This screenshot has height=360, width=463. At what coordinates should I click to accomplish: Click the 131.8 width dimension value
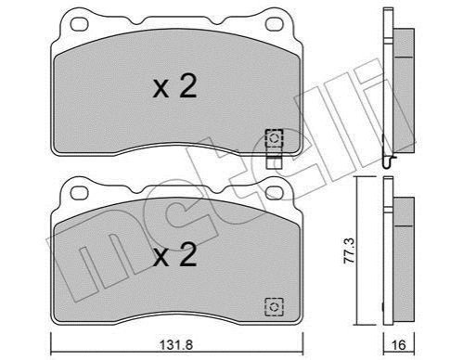pos(176,344)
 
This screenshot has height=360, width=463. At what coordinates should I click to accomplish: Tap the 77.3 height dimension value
pos(350,251)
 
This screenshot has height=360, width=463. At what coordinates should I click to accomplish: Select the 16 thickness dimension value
pos(399,344)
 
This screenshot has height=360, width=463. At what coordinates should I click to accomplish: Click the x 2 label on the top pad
pos(174,87)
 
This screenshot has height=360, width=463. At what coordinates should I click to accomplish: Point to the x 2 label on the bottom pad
pos(174,254)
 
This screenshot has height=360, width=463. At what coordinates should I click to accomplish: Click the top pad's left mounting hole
pos(80,24)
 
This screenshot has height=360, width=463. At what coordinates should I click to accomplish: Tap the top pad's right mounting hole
pos(275,24)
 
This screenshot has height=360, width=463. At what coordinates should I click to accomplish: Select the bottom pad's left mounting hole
pos(80,193)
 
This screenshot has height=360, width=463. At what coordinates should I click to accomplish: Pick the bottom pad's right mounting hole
pos(275,193)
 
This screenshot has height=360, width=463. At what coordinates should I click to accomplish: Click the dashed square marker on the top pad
pos(274,138)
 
